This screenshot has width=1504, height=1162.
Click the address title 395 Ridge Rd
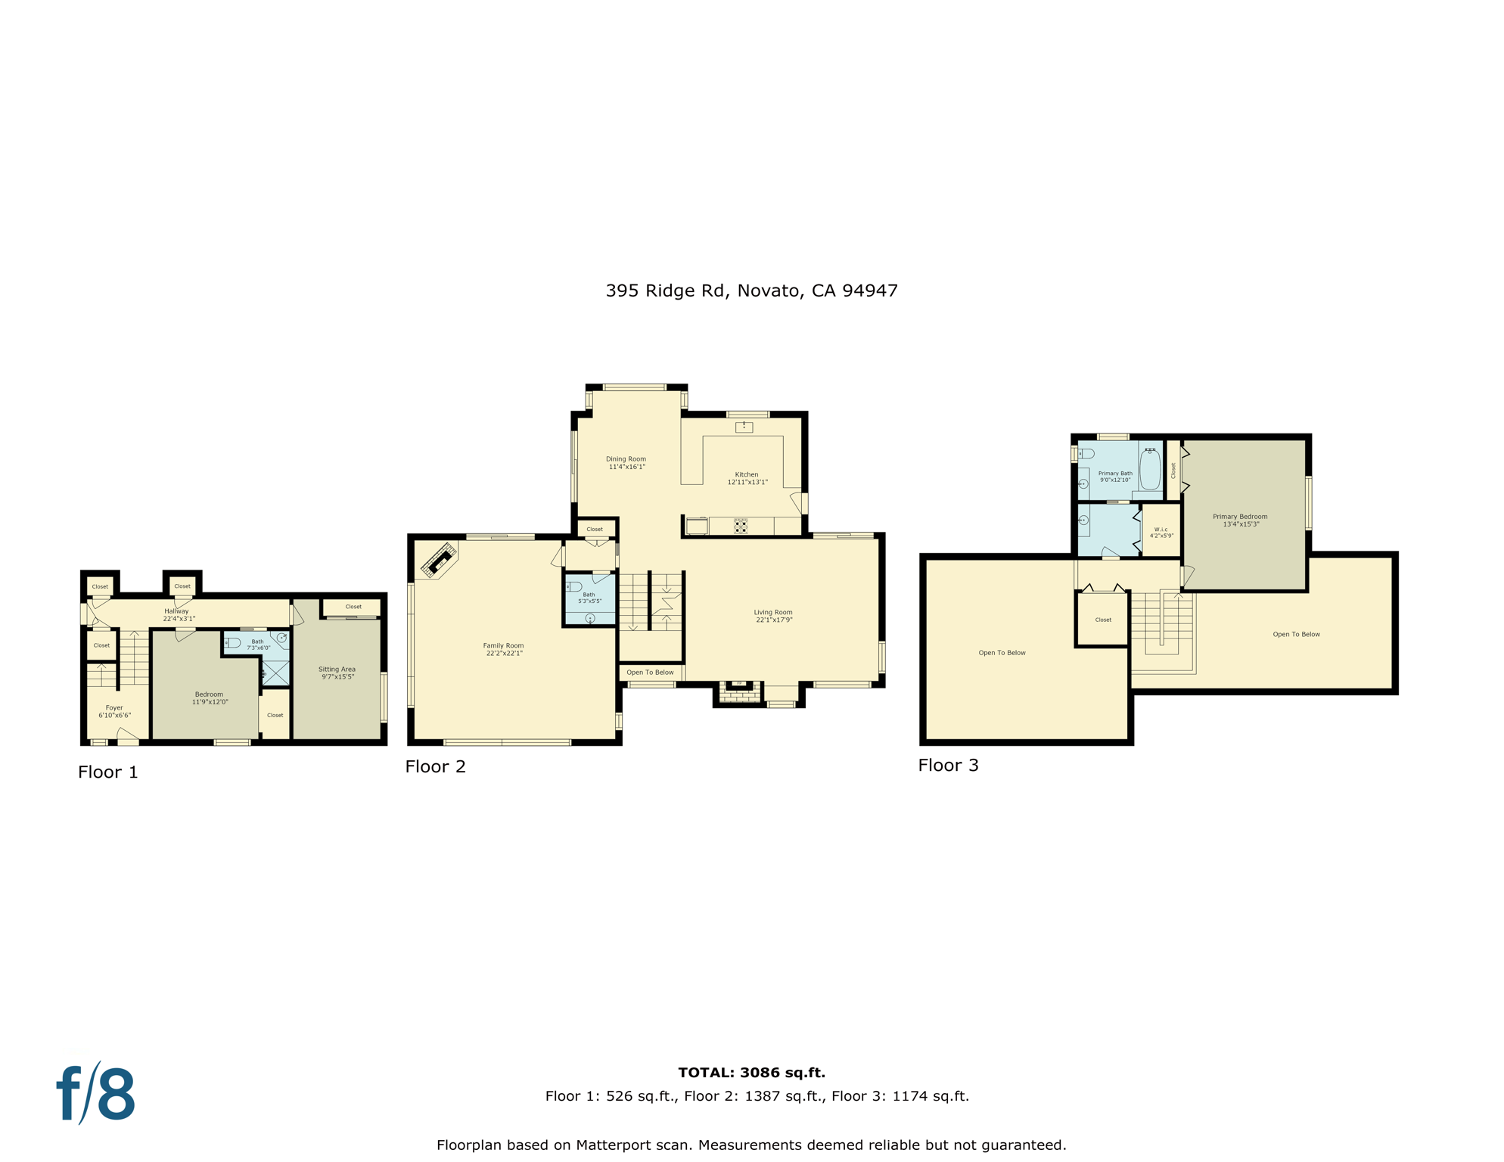[751, 290]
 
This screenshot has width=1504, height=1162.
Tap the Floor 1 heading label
[108, 772]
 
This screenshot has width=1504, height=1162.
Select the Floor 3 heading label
[948, 765]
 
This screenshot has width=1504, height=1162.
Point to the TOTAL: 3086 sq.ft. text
[751, 1072]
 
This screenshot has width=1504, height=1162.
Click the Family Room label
[503, 649]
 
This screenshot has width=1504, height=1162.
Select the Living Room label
[773, 616]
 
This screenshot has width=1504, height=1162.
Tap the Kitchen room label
[747, 478]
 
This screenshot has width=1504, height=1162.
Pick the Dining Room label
[626, 462]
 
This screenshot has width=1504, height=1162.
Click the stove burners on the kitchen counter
[741, 526]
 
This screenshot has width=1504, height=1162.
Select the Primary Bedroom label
[1240, 520]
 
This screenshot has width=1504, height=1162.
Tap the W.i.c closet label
[1161, 532]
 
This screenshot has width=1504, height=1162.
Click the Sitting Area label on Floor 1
[337, 673]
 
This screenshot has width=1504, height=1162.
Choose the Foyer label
[114, 711]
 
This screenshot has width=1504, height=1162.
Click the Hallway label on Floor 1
[177, 614]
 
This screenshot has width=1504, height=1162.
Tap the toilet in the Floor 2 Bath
[575, 586]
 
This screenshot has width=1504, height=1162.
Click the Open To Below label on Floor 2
[650, 672]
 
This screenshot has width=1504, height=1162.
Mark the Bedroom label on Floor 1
[210, 698]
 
